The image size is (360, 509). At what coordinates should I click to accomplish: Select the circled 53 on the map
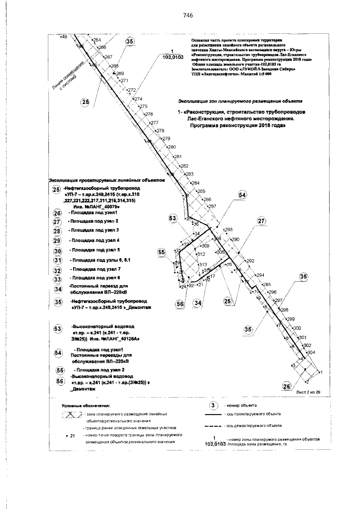(173, 218)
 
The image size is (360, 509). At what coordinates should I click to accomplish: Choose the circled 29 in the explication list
(57, 240)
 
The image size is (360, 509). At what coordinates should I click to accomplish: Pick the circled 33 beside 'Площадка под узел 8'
(57, 278)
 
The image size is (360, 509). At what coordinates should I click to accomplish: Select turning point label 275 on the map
(143, 106)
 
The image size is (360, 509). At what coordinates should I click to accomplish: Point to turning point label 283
(189, 174)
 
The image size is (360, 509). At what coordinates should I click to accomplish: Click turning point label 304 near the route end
(310, 352)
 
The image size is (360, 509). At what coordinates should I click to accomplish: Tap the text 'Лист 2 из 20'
(308, 391)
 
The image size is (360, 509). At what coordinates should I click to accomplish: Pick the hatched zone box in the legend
(71, 415)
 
